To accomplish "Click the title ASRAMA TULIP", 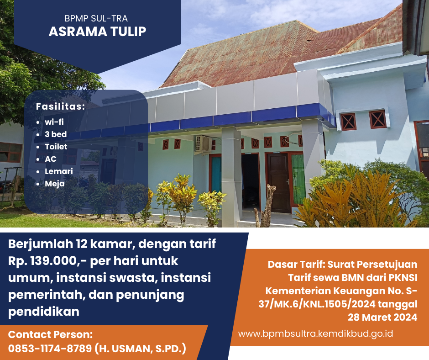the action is pyautogui.click(x=97, y=32).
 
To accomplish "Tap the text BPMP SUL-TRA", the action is pyautogui.click(x=96, y=18).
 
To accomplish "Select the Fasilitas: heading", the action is pyautogui.click(x=60, y=106).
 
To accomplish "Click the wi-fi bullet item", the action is pyautogui.click(x=54, y=122).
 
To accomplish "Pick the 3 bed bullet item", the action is pyautogui.click(x=56, y=134).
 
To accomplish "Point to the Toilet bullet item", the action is pyautogui.click(x=56, y=146).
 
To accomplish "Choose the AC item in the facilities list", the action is pyautogui.click(x=51, y=159).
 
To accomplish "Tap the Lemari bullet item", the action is pyautogui.click(x=59, y=171).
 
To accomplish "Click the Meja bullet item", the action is pyautogui.click(x=55, y=184).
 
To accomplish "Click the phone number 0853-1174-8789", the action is pyautogui.click(x=50, y=349).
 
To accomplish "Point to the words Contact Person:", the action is pyautogui.click(x=50, y=334).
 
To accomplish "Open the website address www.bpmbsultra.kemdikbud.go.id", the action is pyautogui.click(x=315, y=334).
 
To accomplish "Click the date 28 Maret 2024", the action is pyautogui.click(x=382, y=317).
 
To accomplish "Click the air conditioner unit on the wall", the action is pyautogui.click(x=203, y=143).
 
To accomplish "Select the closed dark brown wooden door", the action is pyautogui.click(x=278, y=183).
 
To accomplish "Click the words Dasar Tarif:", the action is pyautogui.click(x=296, y=265).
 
